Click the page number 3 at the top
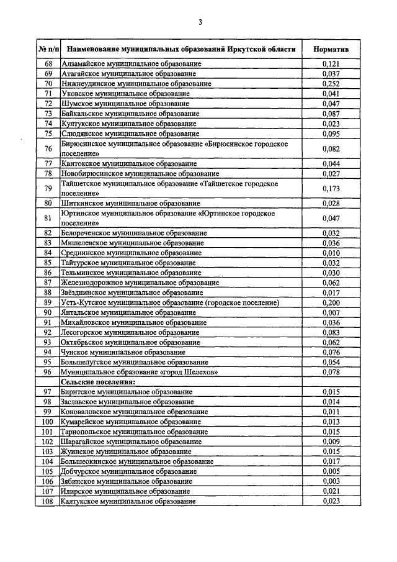click(200, 22)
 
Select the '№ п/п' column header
click(48, 48)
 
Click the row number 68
click(48, 64)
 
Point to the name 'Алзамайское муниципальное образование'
click(131, 64)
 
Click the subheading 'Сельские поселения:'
click(97, 382)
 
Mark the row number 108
click(48, 501)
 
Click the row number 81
click(48, 217)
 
